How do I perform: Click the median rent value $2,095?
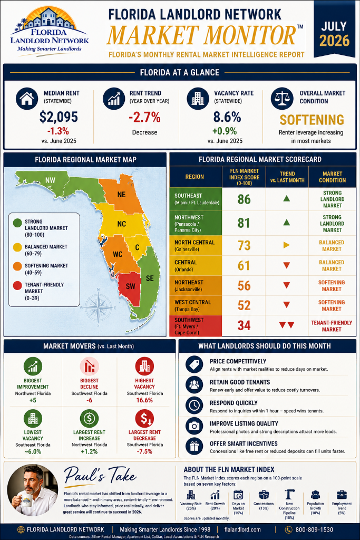click(x=59, y=117)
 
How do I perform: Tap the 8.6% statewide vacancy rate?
click(x=227, y=117)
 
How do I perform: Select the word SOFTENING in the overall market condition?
click(x=312, y=120)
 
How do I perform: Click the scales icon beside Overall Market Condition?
click(x=282, y=99)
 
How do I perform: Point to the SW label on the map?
click(x=130, y=286)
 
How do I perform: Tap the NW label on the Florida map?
click(x=50, y=180)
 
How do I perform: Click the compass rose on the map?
click(x=98, y=307)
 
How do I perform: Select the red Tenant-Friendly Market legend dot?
click(x=17, y=285)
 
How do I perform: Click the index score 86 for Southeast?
click(x=244, y=199)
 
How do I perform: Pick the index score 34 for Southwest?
click(x=244, y=325)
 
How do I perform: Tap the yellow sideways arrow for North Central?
click(x=286, y=245)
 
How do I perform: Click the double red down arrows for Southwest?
click(x=286, y=325)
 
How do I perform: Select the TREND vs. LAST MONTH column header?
click(x=287, y=177)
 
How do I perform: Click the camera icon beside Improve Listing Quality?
click(x=194, y=426)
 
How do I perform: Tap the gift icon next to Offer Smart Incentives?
click(x=194, y=446)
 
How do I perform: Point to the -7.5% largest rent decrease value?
click(x=144, y=451)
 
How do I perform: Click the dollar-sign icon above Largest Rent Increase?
click(x=89, y=418)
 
